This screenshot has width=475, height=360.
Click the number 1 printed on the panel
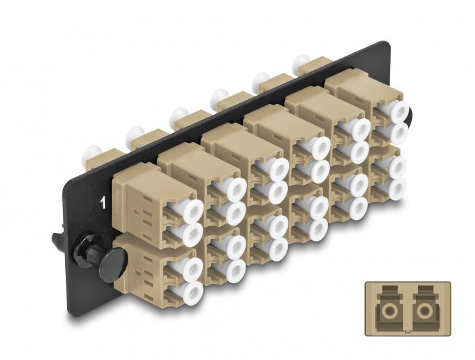[103, 202]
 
